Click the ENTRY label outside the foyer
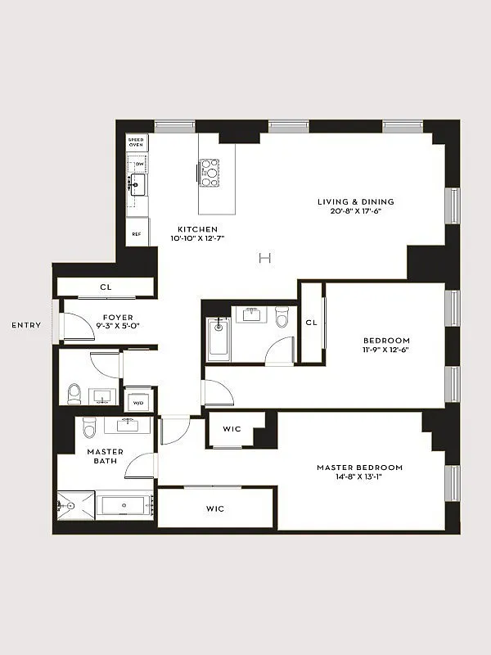[x=26, y=325]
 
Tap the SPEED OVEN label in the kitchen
[x=136, y=143]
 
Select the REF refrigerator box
[x=137, y=233]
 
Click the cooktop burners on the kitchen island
[x=209, y=172]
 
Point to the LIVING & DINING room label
[x=356, y=201]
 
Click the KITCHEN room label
[x=197, y=229]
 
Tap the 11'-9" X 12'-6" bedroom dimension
[x=386, y=350]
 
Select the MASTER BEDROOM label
[x=360, y=468]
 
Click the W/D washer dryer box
[x=137, y=402]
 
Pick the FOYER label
[x=118, y=318]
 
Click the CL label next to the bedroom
[x=311, y=323]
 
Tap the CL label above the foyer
[x=106, y=287]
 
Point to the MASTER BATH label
[x=106, y=456]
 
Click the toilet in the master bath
[x=90, y=426]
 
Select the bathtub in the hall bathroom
[x=218, y=339]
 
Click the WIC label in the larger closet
[x=215, y=508]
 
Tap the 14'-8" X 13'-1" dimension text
[x=360, y=478]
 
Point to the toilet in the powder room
[x=74, y=394]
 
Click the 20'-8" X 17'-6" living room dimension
[x=356, y=211]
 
